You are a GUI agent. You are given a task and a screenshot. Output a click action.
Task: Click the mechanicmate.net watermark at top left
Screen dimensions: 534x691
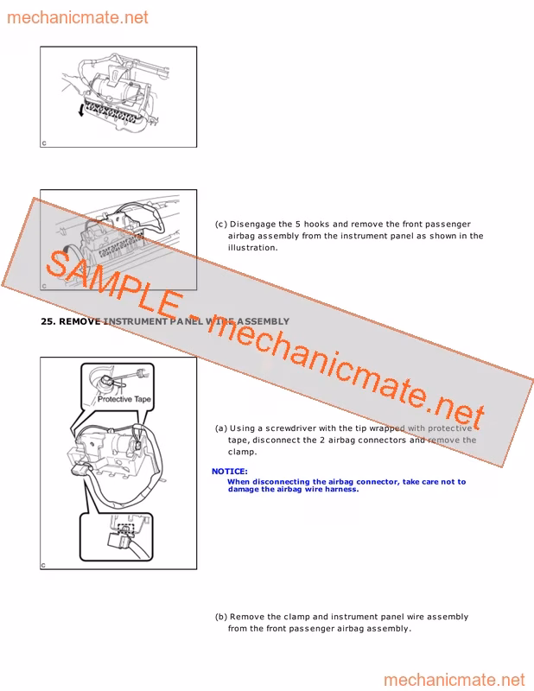click(x=78, y=17)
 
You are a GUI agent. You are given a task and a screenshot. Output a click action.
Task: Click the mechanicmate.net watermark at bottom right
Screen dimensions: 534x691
click(x=455, y=680)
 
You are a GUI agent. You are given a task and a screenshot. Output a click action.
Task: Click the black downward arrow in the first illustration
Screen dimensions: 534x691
click(x=80, y=110)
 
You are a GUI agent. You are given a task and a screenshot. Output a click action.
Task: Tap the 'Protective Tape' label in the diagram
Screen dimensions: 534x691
click(x=124, y=399)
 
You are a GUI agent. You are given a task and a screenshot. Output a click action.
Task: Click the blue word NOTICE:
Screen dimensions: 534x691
click(x=229, y=471)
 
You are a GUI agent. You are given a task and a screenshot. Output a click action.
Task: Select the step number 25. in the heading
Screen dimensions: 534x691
click(x=48, y=321)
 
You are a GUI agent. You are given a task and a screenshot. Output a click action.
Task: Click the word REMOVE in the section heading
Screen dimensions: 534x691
click(x=79, y=321)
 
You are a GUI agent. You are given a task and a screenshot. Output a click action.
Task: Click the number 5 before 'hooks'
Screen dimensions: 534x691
click(x=298, y=224)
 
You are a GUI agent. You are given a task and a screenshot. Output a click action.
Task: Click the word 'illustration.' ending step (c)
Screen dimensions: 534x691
click(x=252, y=248)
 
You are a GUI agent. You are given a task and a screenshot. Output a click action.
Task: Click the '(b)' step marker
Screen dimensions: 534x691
click(x=221, y=617)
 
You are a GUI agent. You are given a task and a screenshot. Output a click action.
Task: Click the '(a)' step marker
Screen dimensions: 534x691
click(x=221, y=428)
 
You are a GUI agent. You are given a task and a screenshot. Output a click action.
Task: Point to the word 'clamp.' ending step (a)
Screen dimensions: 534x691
click(x=242, y=452)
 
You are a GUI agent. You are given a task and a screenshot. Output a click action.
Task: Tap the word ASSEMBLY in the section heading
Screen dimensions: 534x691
click(x=264, y=321)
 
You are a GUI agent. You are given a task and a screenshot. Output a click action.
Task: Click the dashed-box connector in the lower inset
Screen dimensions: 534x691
click(x=126, y=529)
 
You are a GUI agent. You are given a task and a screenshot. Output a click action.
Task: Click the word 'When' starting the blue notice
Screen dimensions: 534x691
click(x=238, y=482)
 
